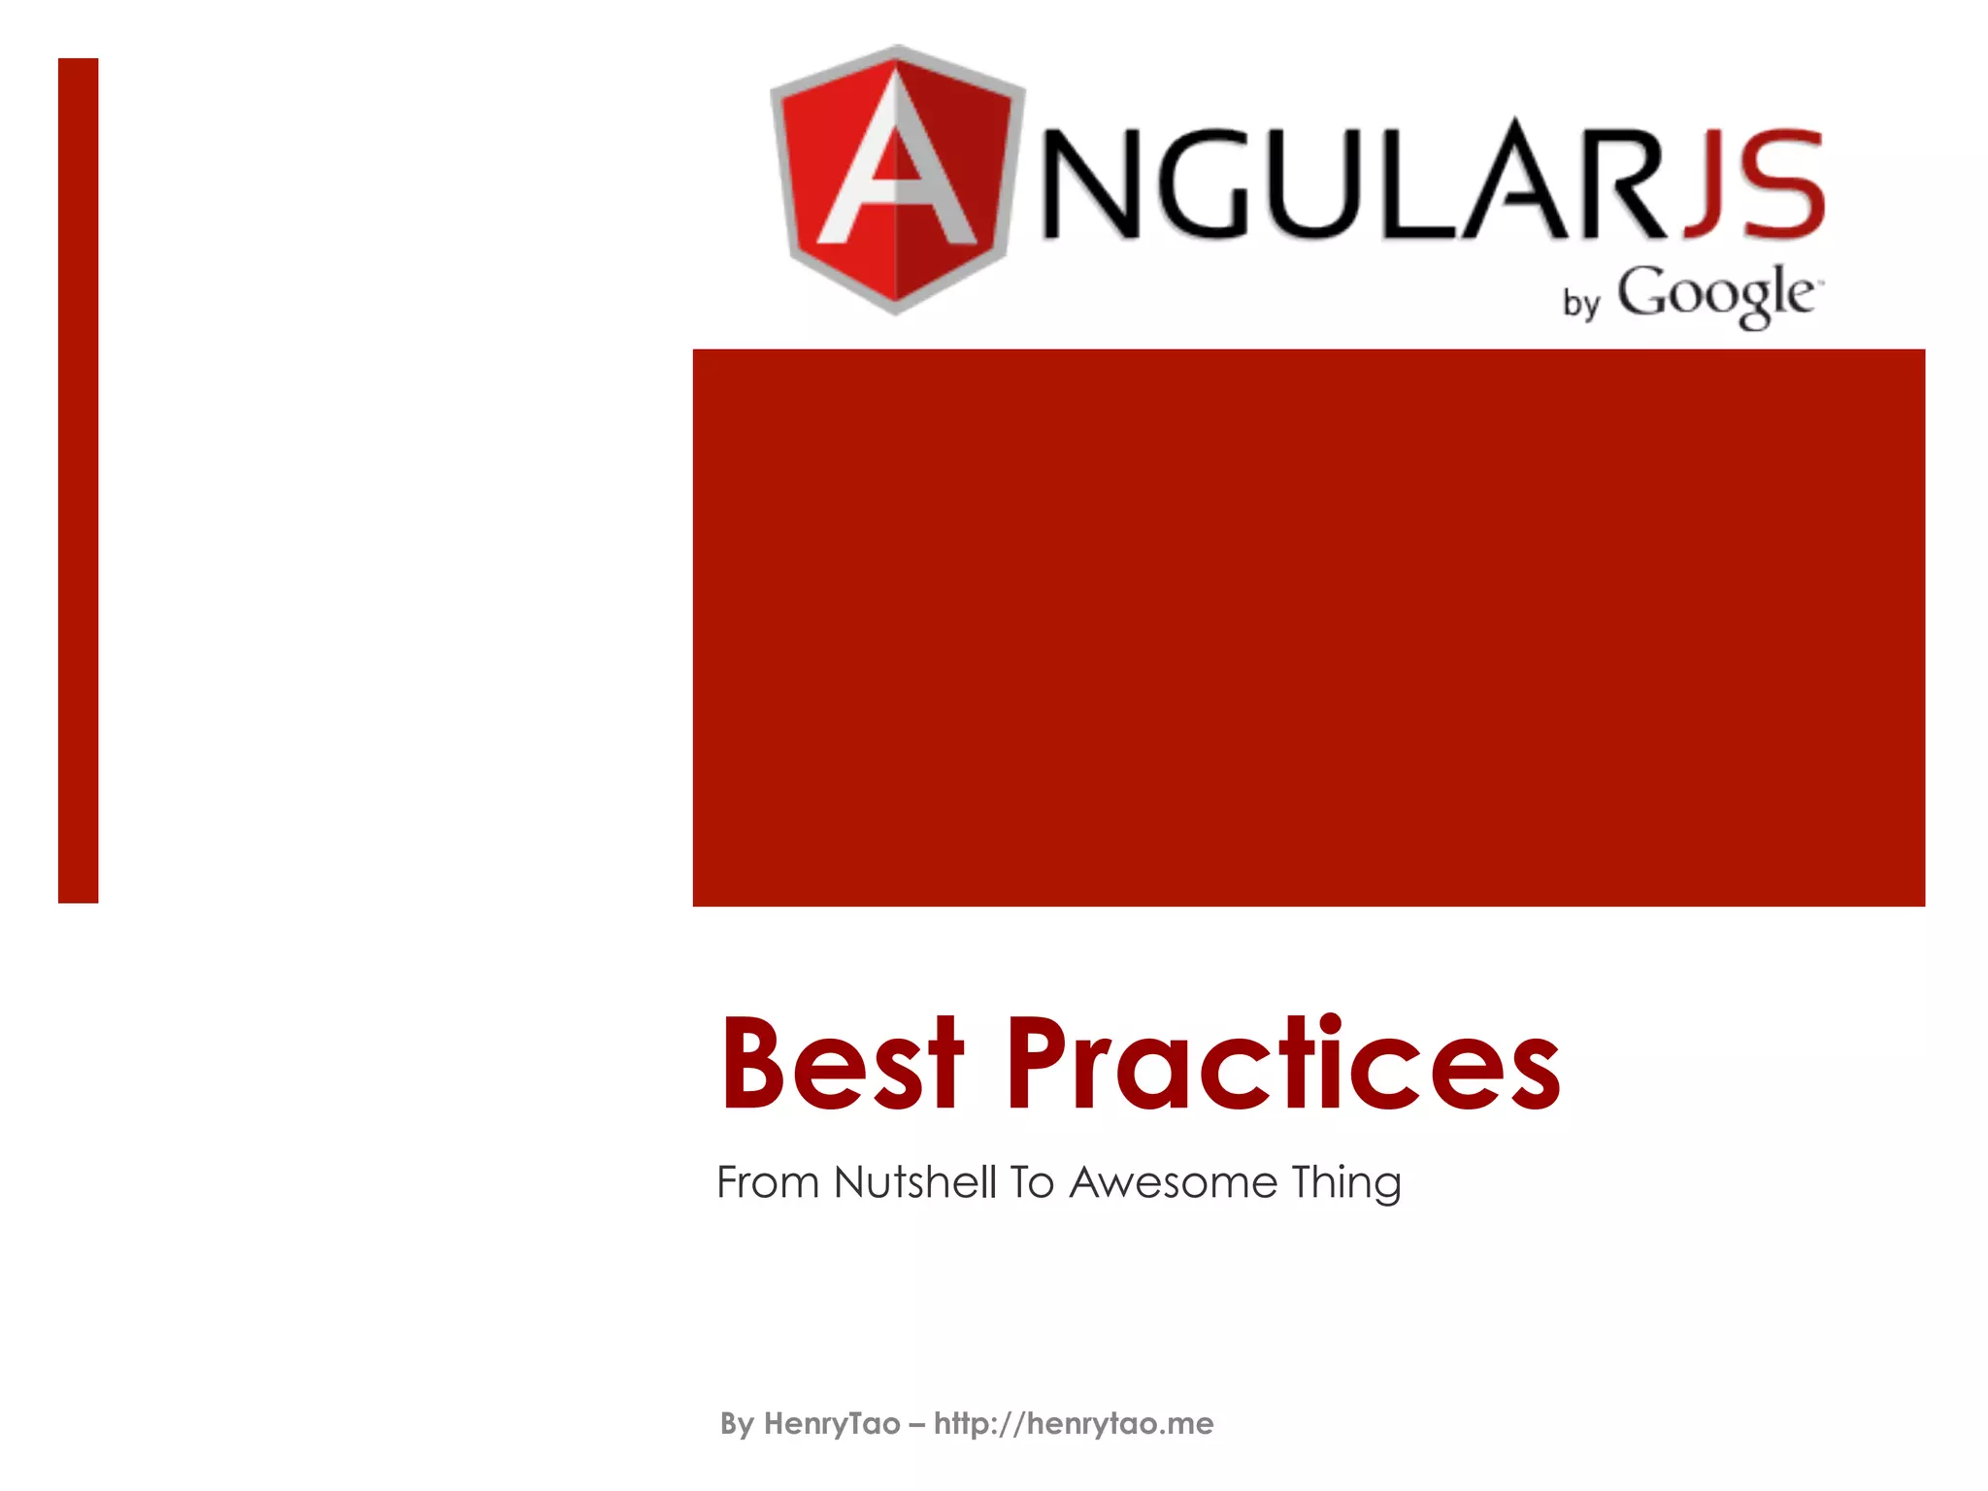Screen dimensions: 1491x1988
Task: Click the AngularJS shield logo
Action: coord(897,180)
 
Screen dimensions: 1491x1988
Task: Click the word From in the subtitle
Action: coord(768,1182)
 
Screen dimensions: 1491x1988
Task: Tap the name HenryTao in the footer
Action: coord(832,1424)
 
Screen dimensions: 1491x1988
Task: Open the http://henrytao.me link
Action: coord(1074,1424)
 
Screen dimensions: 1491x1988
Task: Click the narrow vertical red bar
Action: coord(79,480)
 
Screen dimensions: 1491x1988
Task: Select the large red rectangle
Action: coord(1309,627)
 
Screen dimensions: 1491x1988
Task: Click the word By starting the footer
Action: coord(737,1424)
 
